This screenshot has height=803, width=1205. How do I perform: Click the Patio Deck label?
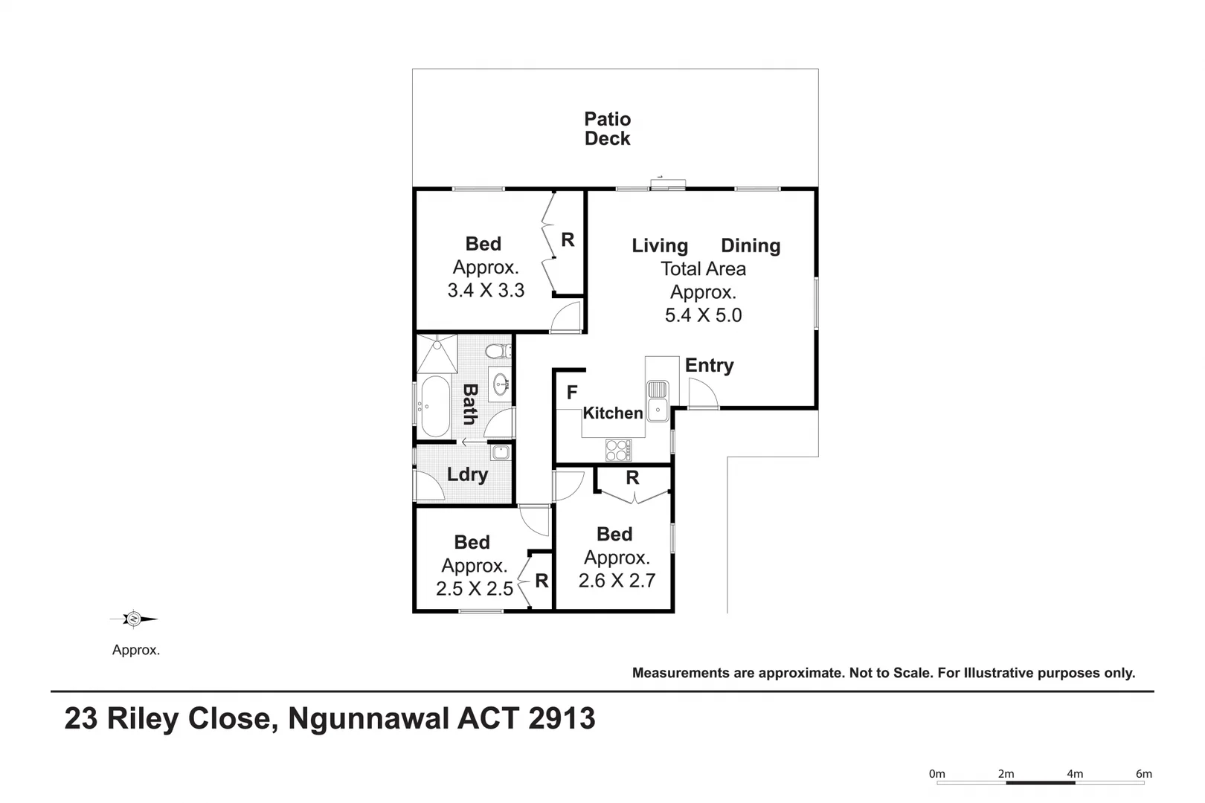point(608,129)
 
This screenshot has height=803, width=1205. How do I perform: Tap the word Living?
point(660,246)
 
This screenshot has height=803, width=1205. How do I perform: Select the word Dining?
point(751,245)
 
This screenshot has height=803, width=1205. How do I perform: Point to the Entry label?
point(709,365)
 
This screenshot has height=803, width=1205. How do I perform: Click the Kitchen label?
point(613,413)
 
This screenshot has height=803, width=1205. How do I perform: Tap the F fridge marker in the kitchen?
point(572,392)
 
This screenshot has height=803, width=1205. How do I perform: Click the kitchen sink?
point(658,401)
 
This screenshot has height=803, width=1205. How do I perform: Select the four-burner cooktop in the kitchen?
point(619,451)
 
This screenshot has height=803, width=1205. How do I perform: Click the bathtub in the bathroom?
point(434,406)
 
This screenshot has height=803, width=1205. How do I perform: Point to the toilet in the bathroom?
point(498,352)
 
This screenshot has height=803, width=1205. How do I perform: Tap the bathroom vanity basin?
point(501,384)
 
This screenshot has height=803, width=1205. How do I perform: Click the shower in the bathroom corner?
point(437,353)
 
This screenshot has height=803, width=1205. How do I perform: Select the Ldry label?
point(467,475)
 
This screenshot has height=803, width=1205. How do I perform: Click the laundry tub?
point(501,452)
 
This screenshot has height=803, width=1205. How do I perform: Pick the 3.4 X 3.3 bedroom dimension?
point(486,291)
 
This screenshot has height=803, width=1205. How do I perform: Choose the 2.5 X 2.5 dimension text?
point(475,589)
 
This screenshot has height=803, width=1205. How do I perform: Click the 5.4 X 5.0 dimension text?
point(703,315)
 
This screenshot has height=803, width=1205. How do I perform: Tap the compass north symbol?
point(134,619)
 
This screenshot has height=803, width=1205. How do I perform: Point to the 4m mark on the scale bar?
point(1075,774)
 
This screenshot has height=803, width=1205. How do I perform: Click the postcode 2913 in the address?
point(562,718)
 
